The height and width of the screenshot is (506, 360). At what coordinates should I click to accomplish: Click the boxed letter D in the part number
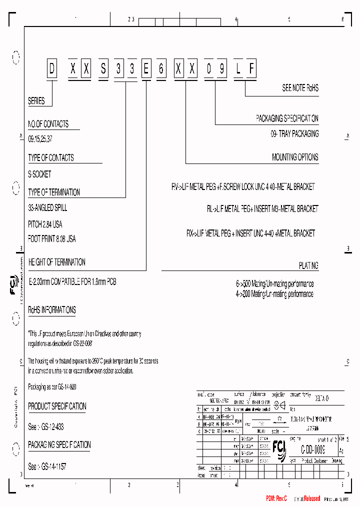[51, 70]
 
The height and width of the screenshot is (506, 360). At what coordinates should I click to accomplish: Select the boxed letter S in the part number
[103, 70]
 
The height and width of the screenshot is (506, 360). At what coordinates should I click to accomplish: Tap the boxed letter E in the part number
[145, 70]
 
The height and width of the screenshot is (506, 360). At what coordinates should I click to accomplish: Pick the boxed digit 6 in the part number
[160, 70]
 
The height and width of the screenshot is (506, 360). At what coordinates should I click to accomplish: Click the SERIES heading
[36, 101]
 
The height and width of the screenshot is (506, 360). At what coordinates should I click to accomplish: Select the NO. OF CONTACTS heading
[48, 124]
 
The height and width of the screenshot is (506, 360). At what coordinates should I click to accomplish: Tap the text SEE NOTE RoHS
[300, 88]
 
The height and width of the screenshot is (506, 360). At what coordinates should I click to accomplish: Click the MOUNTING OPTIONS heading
[295, 157]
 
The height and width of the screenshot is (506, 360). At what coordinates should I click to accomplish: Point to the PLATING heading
[308, 266]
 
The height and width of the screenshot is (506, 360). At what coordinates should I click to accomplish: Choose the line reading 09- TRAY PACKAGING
[294, 134]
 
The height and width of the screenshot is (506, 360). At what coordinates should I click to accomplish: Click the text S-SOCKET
[39, 174]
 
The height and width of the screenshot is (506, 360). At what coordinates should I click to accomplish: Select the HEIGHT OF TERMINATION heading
[56, 262]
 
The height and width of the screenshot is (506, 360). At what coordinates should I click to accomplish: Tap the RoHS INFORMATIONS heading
[52, 310]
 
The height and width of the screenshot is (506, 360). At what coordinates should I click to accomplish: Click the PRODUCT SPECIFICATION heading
[57, 406]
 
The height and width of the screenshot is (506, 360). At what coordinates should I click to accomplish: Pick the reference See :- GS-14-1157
[47, 466]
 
